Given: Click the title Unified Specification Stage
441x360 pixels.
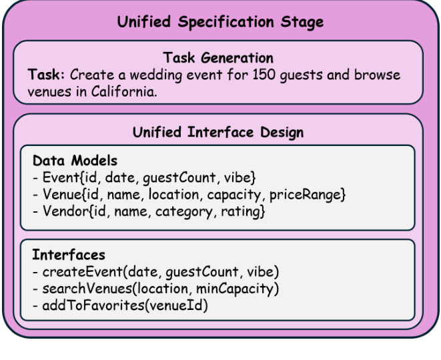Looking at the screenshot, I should [x=220, y=22].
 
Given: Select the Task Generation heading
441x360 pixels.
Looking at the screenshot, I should [x=219, y=58].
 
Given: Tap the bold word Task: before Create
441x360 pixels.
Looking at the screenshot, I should [x=46, y=75].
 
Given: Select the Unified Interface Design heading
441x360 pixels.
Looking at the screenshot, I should [x=218, y=132].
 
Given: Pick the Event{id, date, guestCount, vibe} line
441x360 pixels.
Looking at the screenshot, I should [x=144, y=178].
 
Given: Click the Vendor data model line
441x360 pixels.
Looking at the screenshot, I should [x=149, y=212].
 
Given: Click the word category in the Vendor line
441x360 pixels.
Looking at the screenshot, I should [x=191, y=212].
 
